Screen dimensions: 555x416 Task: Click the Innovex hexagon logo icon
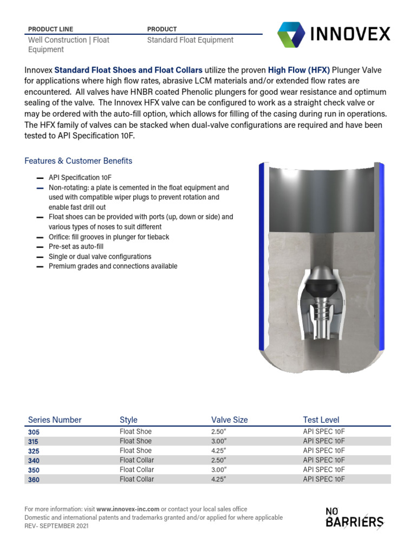coord(291,35)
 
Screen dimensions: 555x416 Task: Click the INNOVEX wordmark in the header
coord(350,34)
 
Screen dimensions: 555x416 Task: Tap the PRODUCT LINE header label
coord(50,29)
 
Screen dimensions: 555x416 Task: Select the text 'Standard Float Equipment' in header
coord(190,40)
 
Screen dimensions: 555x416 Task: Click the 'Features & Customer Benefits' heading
coord(79,161)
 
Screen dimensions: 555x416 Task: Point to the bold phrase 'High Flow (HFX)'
coord(298,70)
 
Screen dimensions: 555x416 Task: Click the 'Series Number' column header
coord(55,420)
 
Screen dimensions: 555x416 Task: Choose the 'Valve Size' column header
coord(230,420)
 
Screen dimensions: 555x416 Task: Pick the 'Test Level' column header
coord(321,420)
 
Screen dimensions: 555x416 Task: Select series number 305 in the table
coord(34,433)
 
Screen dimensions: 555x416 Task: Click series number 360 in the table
coord(34,480)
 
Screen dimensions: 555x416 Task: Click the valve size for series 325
coord(219,450)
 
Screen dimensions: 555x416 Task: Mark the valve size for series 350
coord(219,469)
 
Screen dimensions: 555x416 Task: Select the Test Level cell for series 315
coord(324,441)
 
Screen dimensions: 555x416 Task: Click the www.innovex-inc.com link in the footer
coord(128,509)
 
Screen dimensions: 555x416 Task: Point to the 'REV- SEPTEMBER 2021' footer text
coord(57,526)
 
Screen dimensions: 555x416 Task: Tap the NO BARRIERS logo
coord(354,518)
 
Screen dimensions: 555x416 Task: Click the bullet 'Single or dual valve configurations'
coord(100,256)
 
